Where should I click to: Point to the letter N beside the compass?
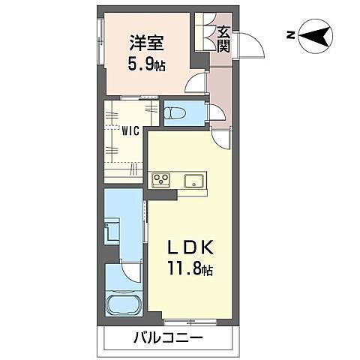(289, 34)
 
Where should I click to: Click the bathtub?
(124, 305)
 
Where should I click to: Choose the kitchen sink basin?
(193, 180)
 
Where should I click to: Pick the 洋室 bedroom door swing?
(196, 83)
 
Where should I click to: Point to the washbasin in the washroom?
(112, 229)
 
